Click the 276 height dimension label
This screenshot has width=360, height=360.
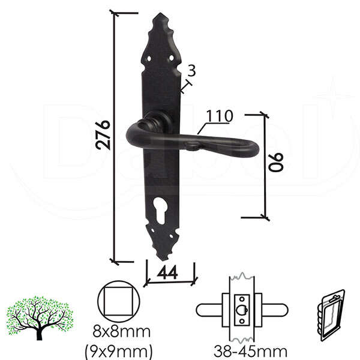pos(103,135)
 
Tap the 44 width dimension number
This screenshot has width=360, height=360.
pos(167,272)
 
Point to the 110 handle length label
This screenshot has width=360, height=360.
pos(220,116)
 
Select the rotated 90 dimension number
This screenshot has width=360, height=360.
pos(276,163)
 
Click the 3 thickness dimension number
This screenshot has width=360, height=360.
pos(191,70)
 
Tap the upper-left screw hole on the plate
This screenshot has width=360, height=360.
pos(149,59)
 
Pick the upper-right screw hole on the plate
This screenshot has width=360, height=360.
pos(171,58)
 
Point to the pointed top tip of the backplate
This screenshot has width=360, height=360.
pos(160,13)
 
